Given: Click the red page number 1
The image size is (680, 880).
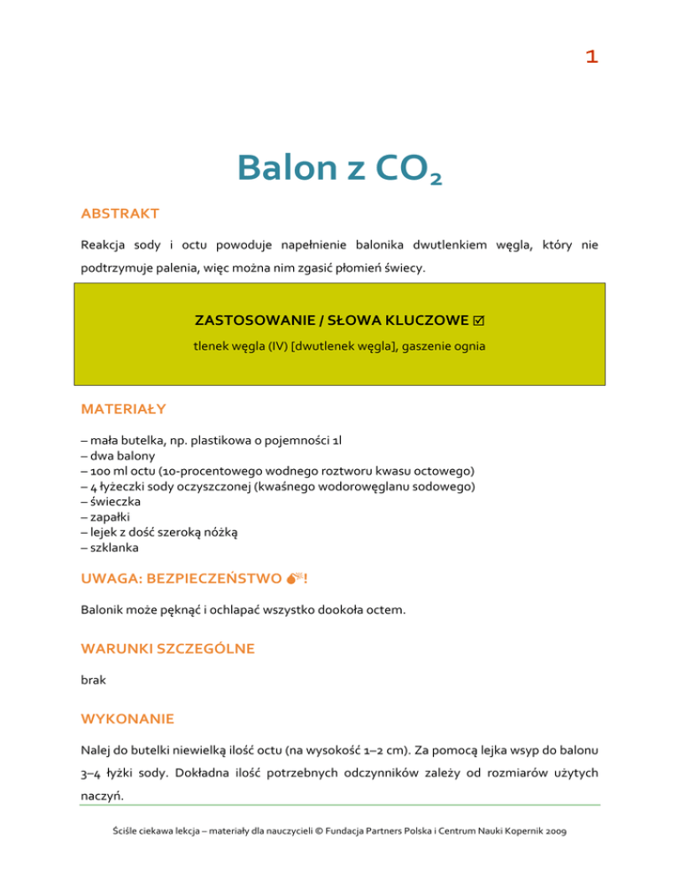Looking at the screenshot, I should (x=591, y=57).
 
